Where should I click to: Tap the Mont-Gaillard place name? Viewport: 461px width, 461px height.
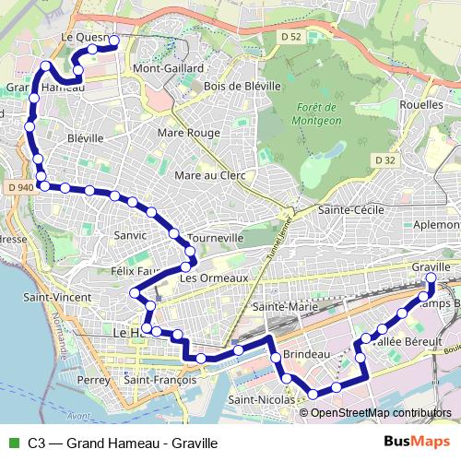[167, 68]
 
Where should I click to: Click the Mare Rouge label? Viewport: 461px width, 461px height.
[189, 133]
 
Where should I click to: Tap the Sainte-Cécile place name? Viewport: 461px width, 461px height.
[350, 210]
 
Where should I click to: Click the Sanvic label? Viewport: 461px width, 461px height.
[130, 235]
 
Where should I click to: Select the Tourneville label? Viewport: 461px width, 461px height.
[215, 237]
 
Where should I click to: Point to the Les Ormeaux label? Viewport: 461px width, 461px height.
[215, 278]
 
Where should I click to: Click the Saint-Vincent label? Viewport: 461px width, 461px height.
[57, 297]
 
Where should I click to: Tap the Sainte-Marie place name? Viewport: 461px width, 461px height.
[285, 306]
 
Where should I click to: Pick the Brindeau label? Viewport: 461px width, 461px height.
[306, 353]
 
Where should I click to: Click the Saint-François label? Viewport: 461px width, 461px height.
[160, 380]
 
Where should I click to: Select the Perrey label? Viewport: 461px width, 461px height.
[94, 380]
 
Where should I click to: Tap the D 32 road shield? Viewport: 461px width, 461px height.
[384, 160]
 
